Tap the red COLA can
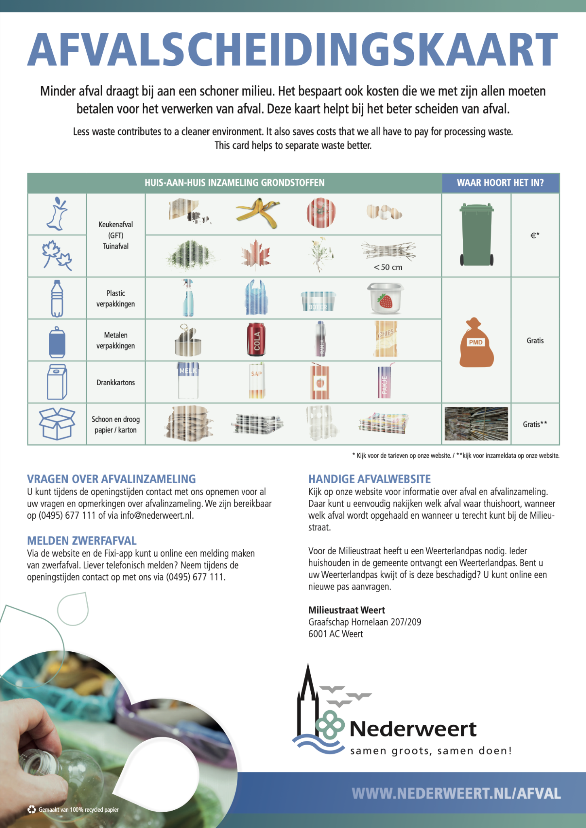click(x=256, y=339)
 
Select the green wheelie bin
click(x=477, y=234)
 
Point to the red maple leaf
click(x=256, y=254)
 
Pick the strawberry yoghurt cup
click(x=386, y=298)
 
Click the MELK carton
click(x=188, y=380)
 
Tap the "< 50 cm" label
click(x=388, y=267)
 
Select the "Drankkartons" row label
click(x=116, y=382)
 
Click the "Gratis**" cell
click(x=535, y=424)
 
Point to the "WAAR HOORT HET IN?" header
click(x=500, y=183)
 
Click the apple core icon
click(x=57, y=214)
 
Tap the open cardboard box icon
click(x=57, y=423)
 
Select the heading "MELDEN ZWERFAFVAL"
click(x=82, y=541)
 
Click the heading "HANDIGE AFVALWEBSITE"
click(x=369, y=479)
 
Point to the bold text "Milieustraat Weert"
click(x=346, y=610)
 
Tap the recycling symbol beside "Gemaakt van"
click(x=32, y=809)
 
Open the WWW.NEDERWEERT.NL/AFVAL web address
click(x=456, y=793)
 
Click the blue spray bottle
click(x=188, y=298)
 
